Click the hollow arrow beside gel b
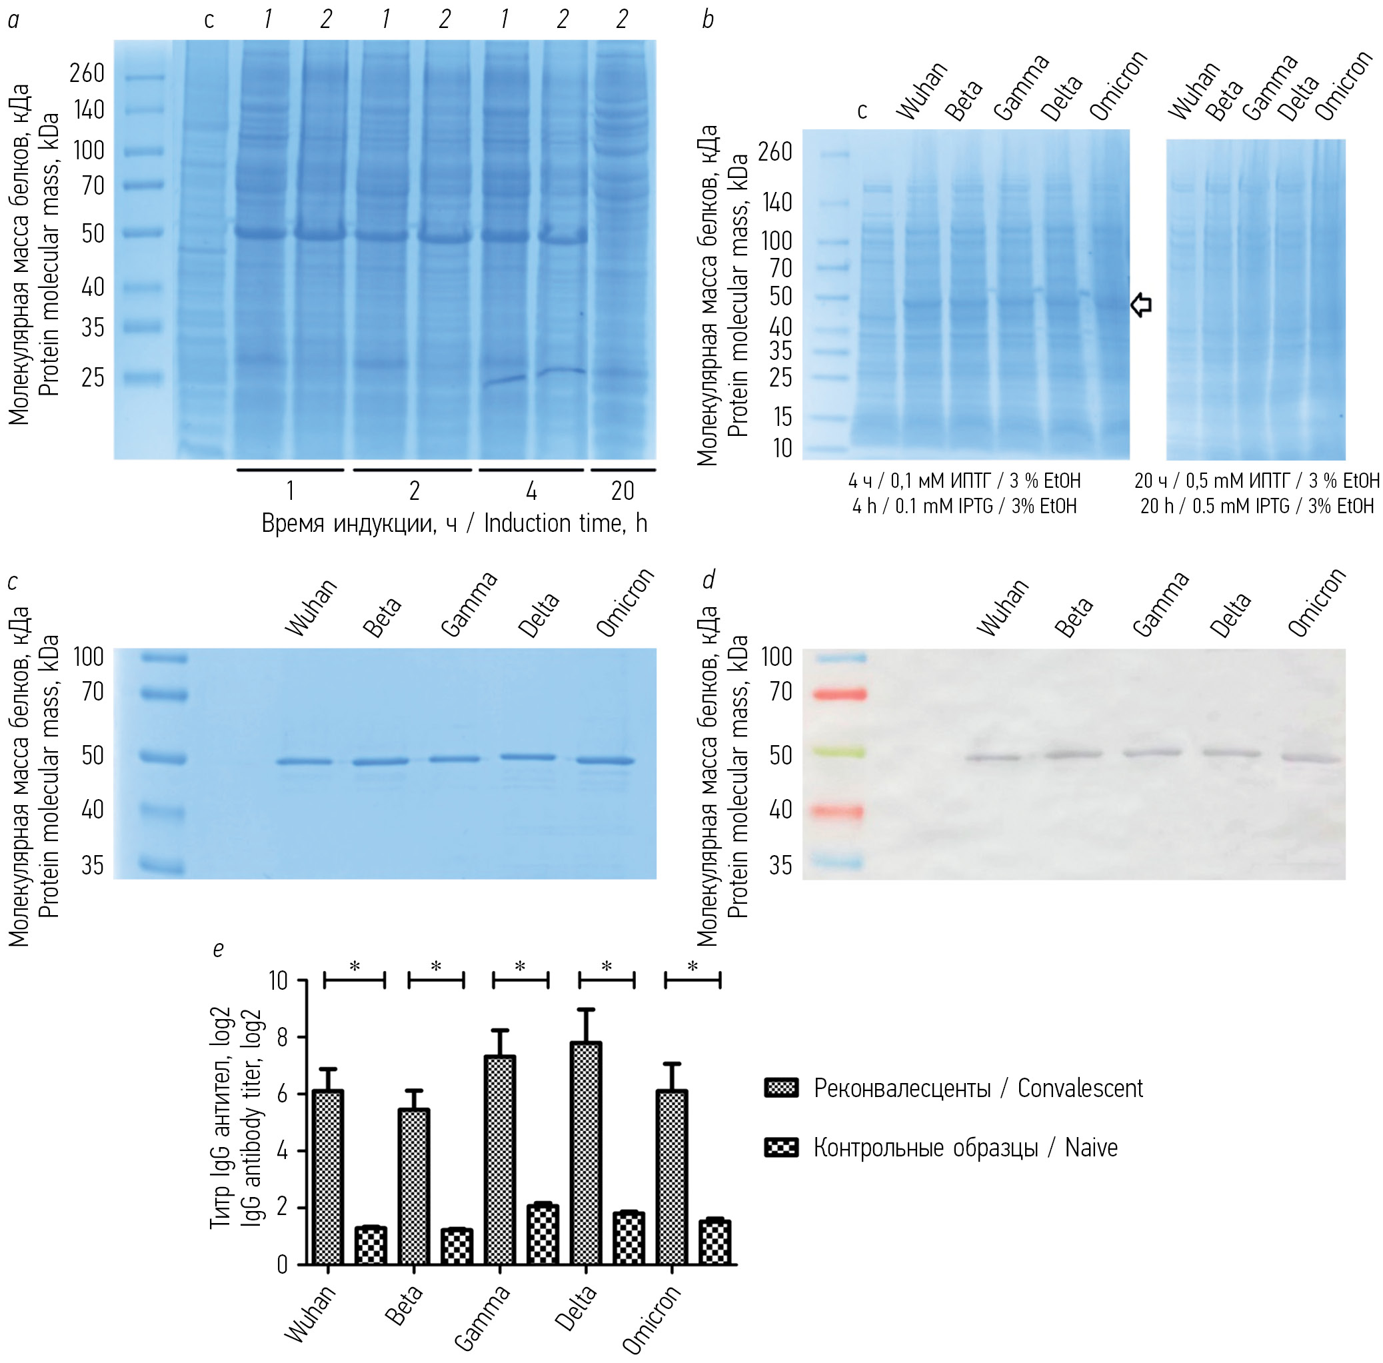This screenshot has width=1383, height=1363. (x=1141, y=305)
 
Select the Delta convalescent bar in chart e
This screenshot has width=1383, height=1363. (x=586, y=1152)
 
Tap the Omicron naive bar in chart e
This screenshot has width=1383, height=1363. (x=714, y=1242)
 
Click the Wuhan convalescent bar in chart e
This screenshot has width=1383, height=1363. (x=328, y=1177)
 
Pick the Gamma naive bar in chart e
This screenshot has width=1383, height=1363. (x=543, y=1235)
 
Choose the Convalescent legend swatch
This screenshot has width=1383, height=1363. (x=781, y=1088)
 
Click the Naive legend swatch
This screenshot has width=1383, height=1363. (x=781, y=1148)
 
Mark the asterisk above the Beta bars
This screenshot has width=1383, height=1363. (x=436, y=967)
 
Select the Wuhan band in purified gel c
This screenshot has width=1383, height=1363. (x=305, y=761)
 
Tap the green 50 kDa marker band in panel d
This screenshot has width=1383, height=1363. (x=840, y=752)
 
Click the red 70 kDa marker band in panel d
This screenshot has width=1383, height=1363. (x=840, y=694)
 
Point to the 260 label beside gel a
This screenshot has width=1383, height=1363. (x=87, y=73)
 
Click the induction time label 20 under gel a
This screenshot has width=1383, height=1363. (x=622, y=491)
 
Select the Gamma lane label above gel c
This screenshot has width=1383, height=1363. (x=469, y=605)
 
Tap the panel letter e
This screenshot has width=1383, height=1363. (x=219, y=949)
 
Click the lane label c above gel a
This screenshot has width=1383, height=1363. (x=209, y=20)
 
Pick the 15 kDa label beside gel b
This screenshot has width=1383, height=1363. (x=782, y=417)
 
